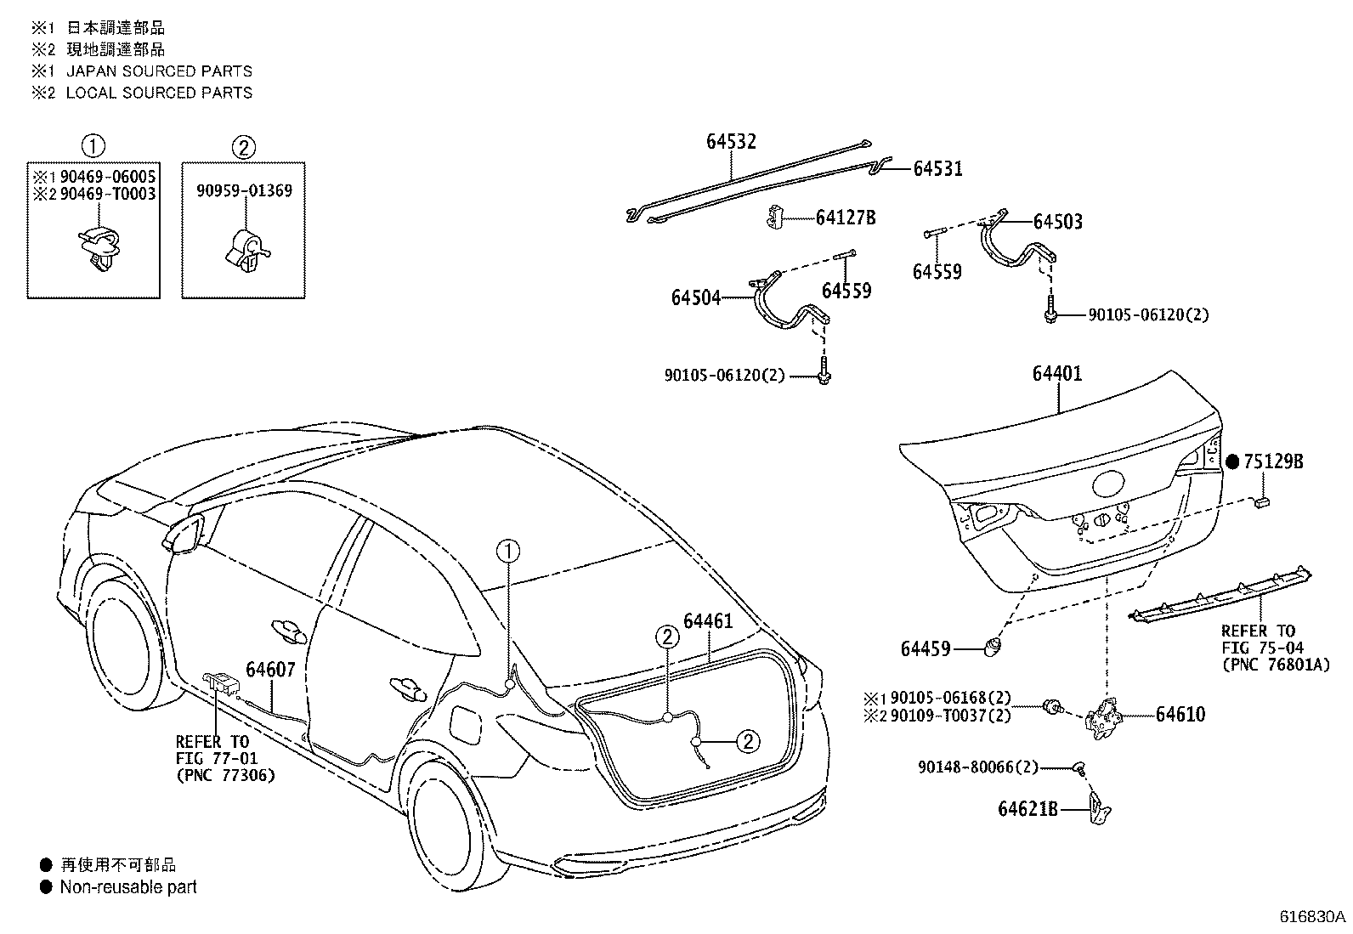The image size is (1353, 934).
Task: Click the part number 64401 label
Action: coord(1057,374)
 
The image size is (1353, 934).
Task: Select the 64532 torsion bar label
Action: coord(731,142)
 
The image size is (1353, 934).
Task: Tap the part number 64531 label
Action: coord(937,169)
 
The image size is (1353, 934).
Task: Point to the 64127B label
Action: coord(845,218)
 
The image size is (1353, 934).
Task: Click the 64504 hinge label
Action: coord(695,298)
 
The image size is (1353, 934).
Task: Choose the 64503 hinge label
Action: coord(1057,223)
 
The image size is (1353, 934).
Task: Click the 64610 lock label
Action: coord(1180,715)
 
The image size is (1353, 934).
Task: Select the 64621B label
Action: coord(1027,809)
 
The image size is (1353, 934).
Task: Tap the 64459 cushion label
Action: coord(926,650)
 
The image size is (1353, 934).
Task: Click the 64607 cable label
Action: coord(270,670)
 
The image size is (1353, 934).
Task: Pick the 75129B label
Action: coord(1273,462)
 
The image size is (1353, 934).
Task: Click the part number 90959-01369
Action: coord(244,191)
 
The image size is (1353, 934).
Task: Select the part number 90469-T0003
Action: coord(107,194)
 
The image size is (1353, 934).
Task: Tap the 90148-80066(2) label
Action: coord(978,767)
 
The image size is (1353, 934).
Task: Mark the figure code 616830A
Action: coord(1313,918)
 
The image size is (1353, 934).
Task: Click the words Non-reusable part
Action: coord(128,887)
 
